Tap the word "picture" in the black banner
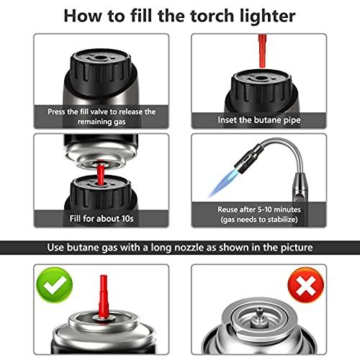(x=292, y=248)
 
